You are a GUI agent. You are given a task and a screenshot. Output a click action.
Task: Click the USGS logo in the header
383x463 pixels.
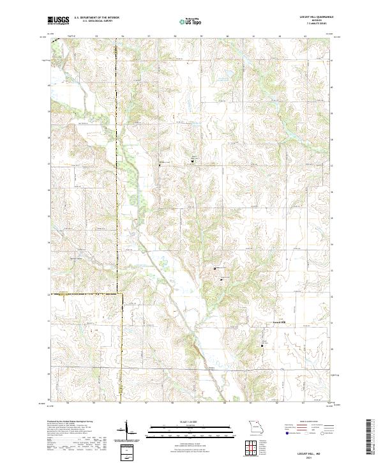58,20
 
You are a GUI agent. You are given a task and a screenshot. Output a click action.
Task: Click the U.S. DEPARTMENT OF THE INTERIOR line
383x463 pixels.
96,18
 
